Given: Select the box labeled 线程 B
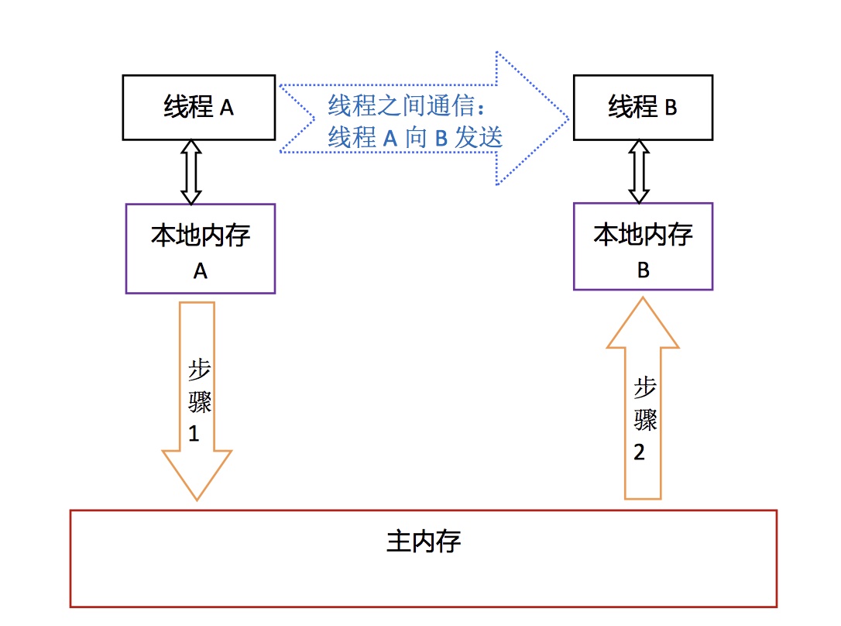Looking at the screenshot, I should pos(642,107).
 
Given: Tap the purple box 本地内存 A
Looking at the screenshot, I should pos(200,248).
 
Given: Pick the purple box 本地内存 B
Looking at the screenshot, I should pos(642,246).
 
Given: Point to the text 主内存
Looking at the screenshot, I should pos(423,541).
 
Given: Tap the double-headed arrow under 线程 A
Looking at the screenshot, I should pos(191,171).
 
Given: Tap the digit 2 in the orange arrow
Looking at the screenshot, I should pos(639,452).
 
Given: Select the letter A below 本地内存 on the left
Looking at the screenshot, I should pos(200,271).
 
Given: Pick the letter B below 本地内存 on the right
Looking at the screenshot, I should pos(642,270).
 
